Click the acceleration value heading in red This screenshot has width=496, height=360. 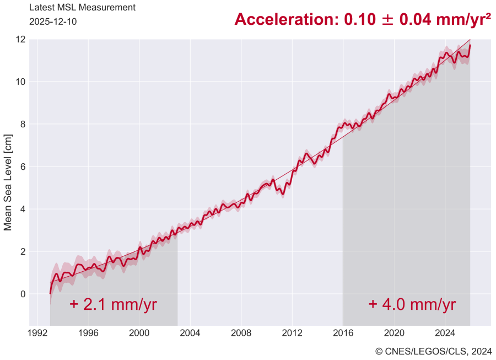(363, 19)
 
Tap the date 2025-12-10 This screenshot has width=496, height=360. (53, 22)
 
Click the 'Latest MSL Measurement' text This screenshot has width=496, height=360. (82, 8)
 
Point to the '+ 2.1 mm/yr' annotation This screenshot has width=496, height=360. (114, 304)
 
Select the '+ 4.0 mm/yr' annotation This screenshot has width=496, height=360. (412, 304)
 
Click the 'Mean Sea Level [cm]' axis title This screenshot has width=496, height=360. (8, 182)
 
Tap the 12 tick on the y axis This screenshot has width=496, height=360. (21, 40)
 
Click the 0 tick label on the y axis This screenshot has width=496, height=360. (23, 294)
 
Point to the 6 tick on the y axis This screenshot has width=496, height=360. (23, 166)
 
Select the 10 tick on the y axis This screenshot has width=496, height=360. (21, 82)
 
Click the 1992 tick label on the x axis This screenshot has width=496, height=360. (37, 333)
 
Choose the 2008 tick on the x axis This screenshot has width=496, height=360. (241, 333)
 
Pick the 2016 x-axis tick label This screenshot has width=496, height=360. (343, 333)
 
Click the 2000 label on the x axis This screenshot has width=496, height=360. (139, 333)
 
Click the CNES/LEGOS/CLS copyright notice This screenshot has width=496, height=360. (434, 351)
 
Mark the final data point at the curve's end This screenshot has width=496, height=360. (470, 45)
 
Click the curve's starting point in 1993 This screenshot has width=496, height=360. (50, 293)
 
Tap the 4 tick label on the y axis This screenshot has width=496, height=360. (23, 209)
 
